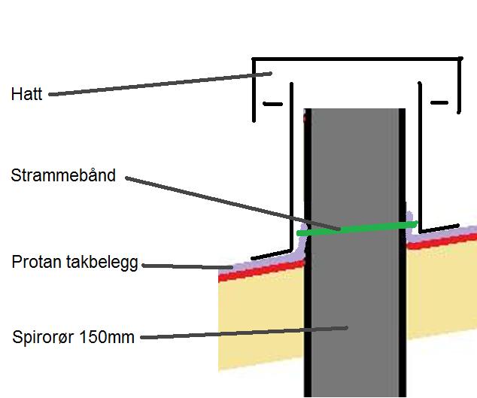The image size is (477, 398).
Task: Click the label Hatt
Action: click(x=27, y=95)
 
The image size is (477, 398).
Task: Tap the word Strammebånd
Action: click(x=63, y=176)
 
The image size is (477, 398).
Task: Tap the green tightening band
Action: click(x=357, y=229)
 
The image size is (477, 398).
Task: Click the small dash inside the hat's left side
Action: click(x=272, y=103)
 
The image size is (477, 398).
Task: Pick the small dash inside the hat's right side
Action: click(x=439, y=102)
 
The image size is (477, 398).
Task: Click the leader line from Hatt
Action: click(x=150, y=84)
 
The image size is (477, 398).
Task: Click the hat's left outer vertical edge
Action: click(x=254, y=90)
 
